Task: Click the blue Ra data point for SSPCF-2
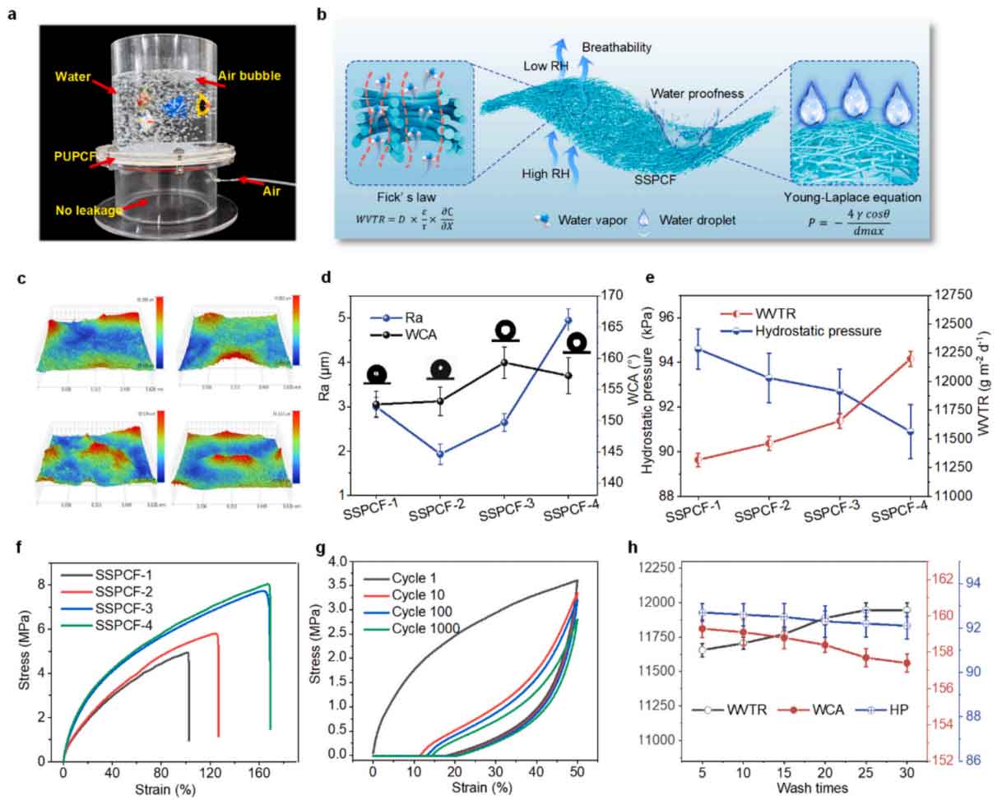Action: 440,454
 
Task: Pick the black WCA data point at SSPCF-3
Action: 504,363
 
